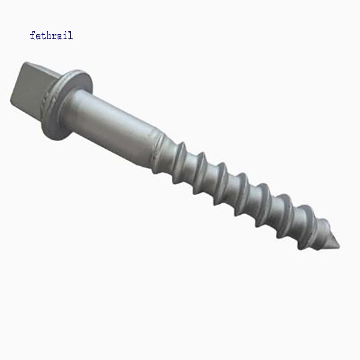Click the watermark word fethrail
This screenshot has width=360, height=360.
click(51, 35)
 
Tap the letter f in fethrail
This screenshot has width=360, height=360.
click(32, 35)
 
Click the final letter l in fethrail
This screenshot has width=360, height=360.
click(70, 35)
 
